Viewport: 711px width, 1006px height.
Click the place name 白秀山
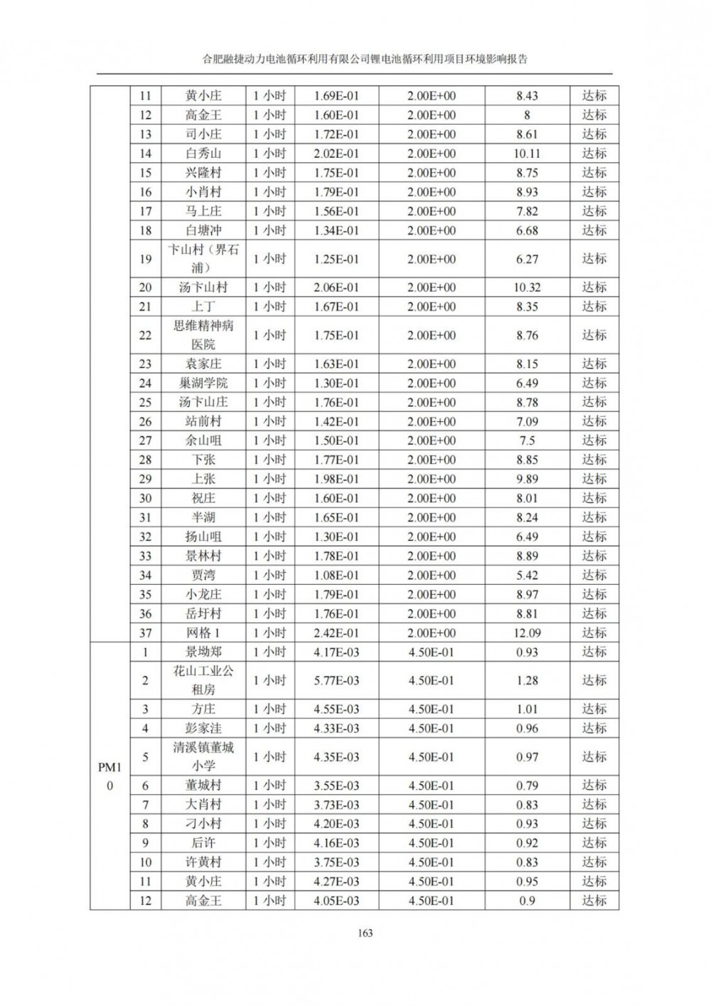pyautogui.click(x=203, y=153)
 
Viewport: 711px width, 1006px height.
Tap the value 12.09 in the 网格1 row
pyautogui.click(x=527, y=632)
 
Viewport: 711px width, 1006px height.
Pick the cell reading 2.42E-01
pyautogui.click(x=336, y=632)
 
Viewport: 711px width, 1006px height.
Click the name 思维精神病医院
pyautogui.click(x=203, y=335)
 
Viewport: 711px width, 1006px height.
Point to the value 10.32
pyautogui.click(x=527, y=287)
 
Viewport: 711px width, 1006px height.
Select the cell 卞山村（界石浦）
pyautogui.click(x=203, y=259)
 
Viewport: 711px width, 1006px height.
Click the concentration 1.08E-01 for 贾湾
pyautogui.click(x=336, y=575)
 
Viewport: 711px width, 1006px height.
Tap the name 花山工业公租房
pyautogui.click(x=203, y=680)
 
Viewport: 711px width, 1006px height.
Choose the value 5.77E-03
pyautogui.click(x=336, y=680)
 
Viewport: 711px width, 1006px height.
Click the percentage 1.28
pyautogui.click(x=527, y=680)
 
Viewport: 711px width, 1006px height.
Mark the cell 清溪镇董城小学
pyautogui.click(x=203, y=757)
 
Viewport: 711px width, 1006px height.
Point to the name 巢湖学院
pyautogui.click(x=203, y=383)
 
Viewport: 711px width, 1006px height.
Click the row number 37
pyautogui.click(x=145, y=632)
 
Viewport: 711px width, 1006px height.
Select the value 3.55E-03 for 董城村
pyautogui.click(x=336, y=785)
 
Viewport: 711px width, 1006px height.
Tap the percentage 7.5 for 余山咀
pyautogui.click(x=527, y=440)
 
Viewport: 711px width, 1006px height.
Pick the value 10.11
pyautogui.click(x=527, y=153)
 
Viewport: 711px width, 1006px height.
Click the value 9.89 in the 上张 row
pyautogui.click(x=527, y=479)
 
